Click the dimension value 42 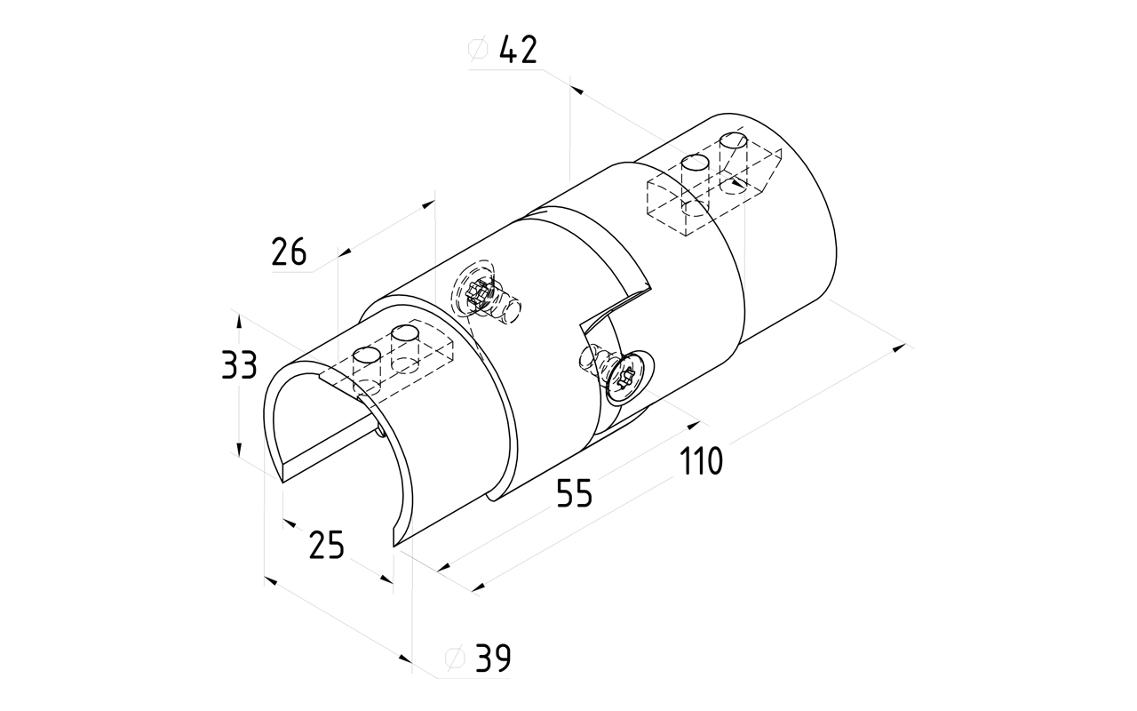518,51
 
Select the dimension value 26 289,253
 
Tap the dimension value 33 239,365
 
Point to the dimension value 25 326,544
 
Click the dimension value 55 574,492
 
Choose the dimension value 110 702,461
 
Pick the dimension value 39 493,659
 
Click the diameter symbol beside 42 477,52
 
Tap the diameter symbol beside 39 454,659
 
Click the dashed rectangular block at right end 711,191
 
